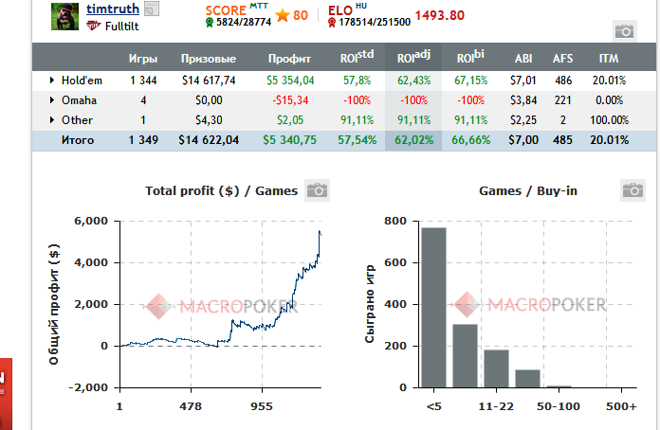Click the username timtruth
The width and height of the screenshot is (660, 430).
[113, 9]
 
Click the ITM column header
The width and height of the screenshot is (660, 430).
[608, 59]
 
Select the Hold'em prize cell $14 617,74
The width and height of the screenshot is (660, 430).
[208, 81]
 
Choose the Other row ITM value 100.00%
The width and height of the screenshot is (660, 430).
[607, 119]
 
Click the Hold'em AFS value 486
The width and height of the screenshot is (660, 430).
[563, 81]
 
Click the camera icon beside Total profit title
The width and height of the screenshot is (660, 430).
[316, 190]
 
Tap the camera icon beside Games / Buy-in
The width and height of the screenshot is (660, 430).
[632, 190]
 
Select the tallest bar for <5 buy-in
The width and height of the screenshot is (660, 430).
[433, 308]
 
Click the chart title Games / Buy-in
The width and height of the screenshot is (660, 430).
[528, 191]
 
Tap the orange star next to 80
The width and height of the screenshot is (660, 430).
[282, 15]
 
